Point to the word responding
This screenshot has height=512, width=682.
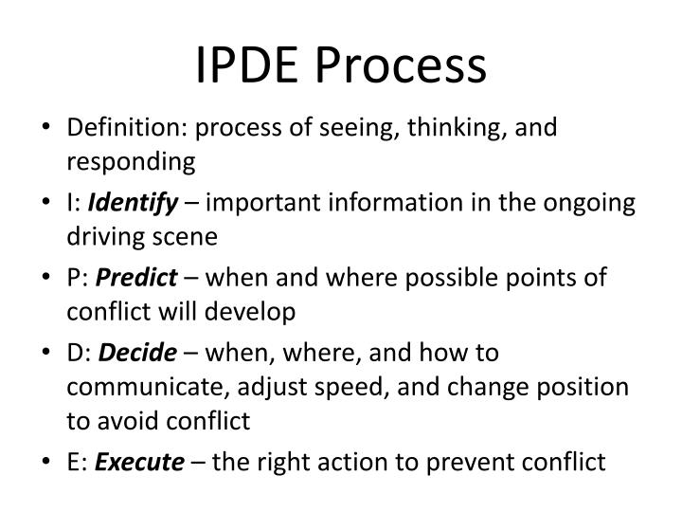(x=131, y=163)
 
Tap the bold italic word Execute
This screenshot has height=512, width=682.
(x=151, y=462)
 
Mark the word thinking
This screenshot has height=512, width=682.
(x=444, y=129)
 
